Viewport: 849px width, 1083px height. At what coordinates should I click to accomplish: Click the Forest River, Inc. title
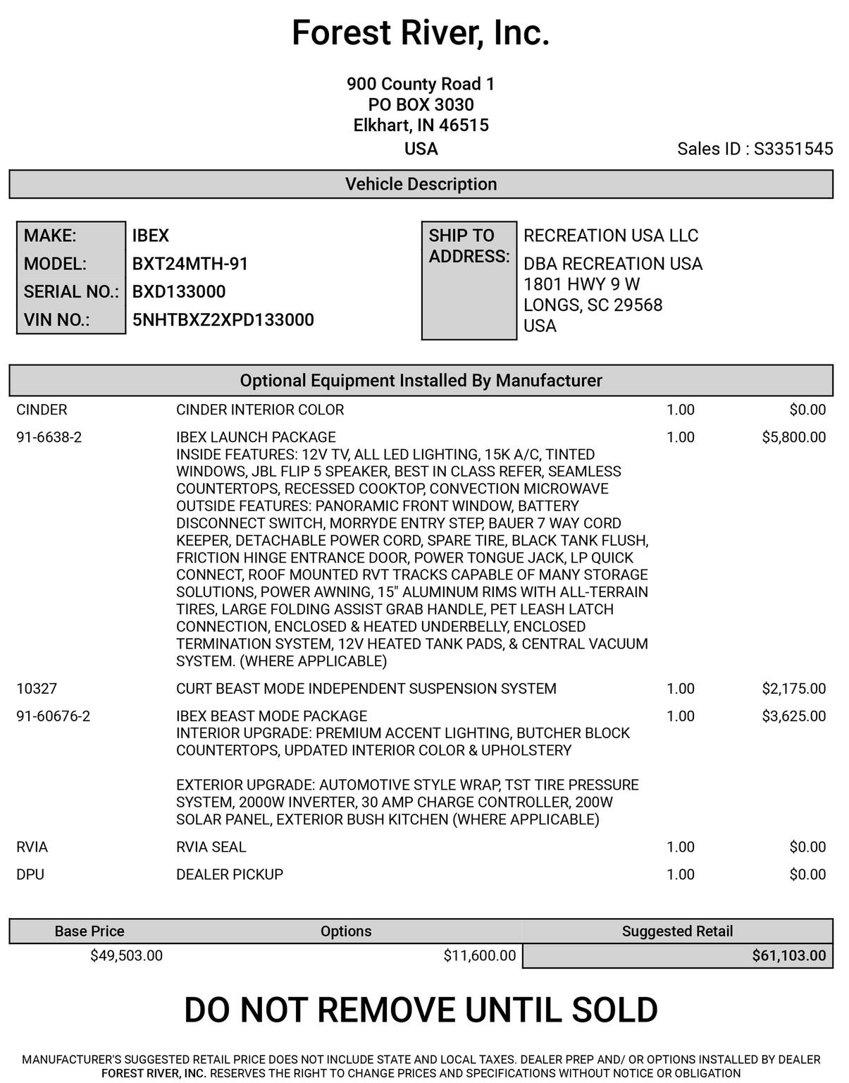tap(421, 33)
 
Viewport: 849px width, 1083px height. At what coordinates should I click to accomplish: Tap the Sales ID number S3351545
tap(793, 149)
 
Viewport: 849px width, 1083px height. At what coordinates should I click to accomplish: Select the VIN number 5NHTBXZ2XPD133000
tap(223, 320)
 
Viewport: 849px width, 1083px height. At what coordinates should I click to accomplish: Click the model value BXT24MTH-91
tap(190, 264)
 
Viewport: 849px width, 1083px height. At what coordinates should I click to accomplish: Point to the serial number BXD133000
tap(179, 292)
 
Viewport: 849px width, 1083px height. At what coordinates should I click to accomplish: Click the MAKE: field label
tap(50, 235)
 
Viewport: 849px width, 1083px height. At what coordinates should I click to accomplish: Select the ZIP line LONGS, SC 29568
tap(593, 305)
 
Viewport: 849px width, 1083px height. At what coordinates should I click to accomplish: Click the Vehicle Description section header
tap(421, 184)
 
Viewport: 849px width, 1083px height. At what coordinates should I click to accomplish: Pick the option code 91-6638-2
tap(49, 437)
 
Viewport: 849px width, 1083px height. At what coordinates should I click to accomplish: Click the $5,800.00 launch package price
tap(793, 437)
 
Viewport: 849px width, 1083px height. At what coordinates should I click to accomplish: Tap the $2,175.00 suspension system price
tap(793, 688)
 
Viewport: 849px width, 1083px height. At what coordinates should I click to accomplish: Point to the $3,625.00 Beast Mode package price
tap(793, 716)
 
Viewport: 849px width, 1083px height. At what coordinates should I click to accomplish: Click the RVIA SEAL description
tap(211, 847)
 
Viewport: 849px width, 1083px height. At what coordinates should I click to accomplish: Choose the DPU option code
tap(30, 874)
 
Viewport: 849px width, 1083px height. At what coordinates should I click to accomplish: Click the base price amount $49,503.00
tap(126, 955)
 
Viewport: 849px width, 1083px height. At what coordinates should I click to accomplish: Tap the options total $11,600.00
tap(479, 955)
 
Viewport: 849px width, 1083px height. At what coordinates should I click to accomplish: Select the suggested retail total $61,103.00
tap(788, 955)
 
